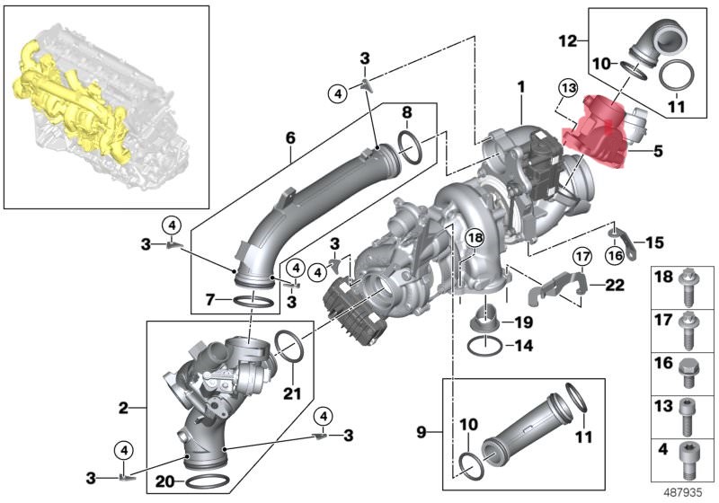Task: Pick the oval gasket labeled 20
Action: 209,482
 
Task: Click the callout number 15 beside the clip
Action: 653,242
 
